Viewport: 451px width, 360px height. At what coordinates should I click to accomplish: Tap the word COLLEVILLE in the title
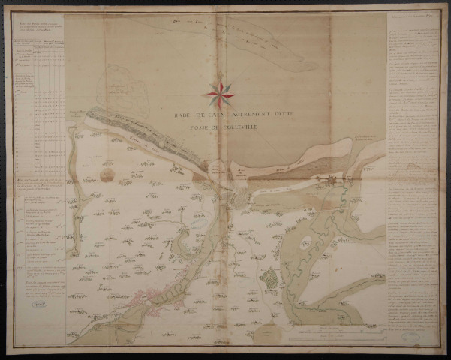[x=224, y=136]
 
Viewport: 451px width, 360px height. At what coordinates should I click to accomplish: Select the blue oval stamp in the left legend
[x=38, y=306]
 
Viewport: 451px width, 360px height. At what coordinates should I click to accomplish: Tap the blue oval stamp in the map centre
[x=197, y=222]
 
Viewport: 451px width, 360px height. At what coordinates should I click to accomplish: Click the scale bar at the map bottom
[x=330, y=328]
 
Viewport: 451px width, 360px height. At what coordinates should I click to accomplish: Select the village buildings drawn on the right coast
[x=330, y=180]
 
